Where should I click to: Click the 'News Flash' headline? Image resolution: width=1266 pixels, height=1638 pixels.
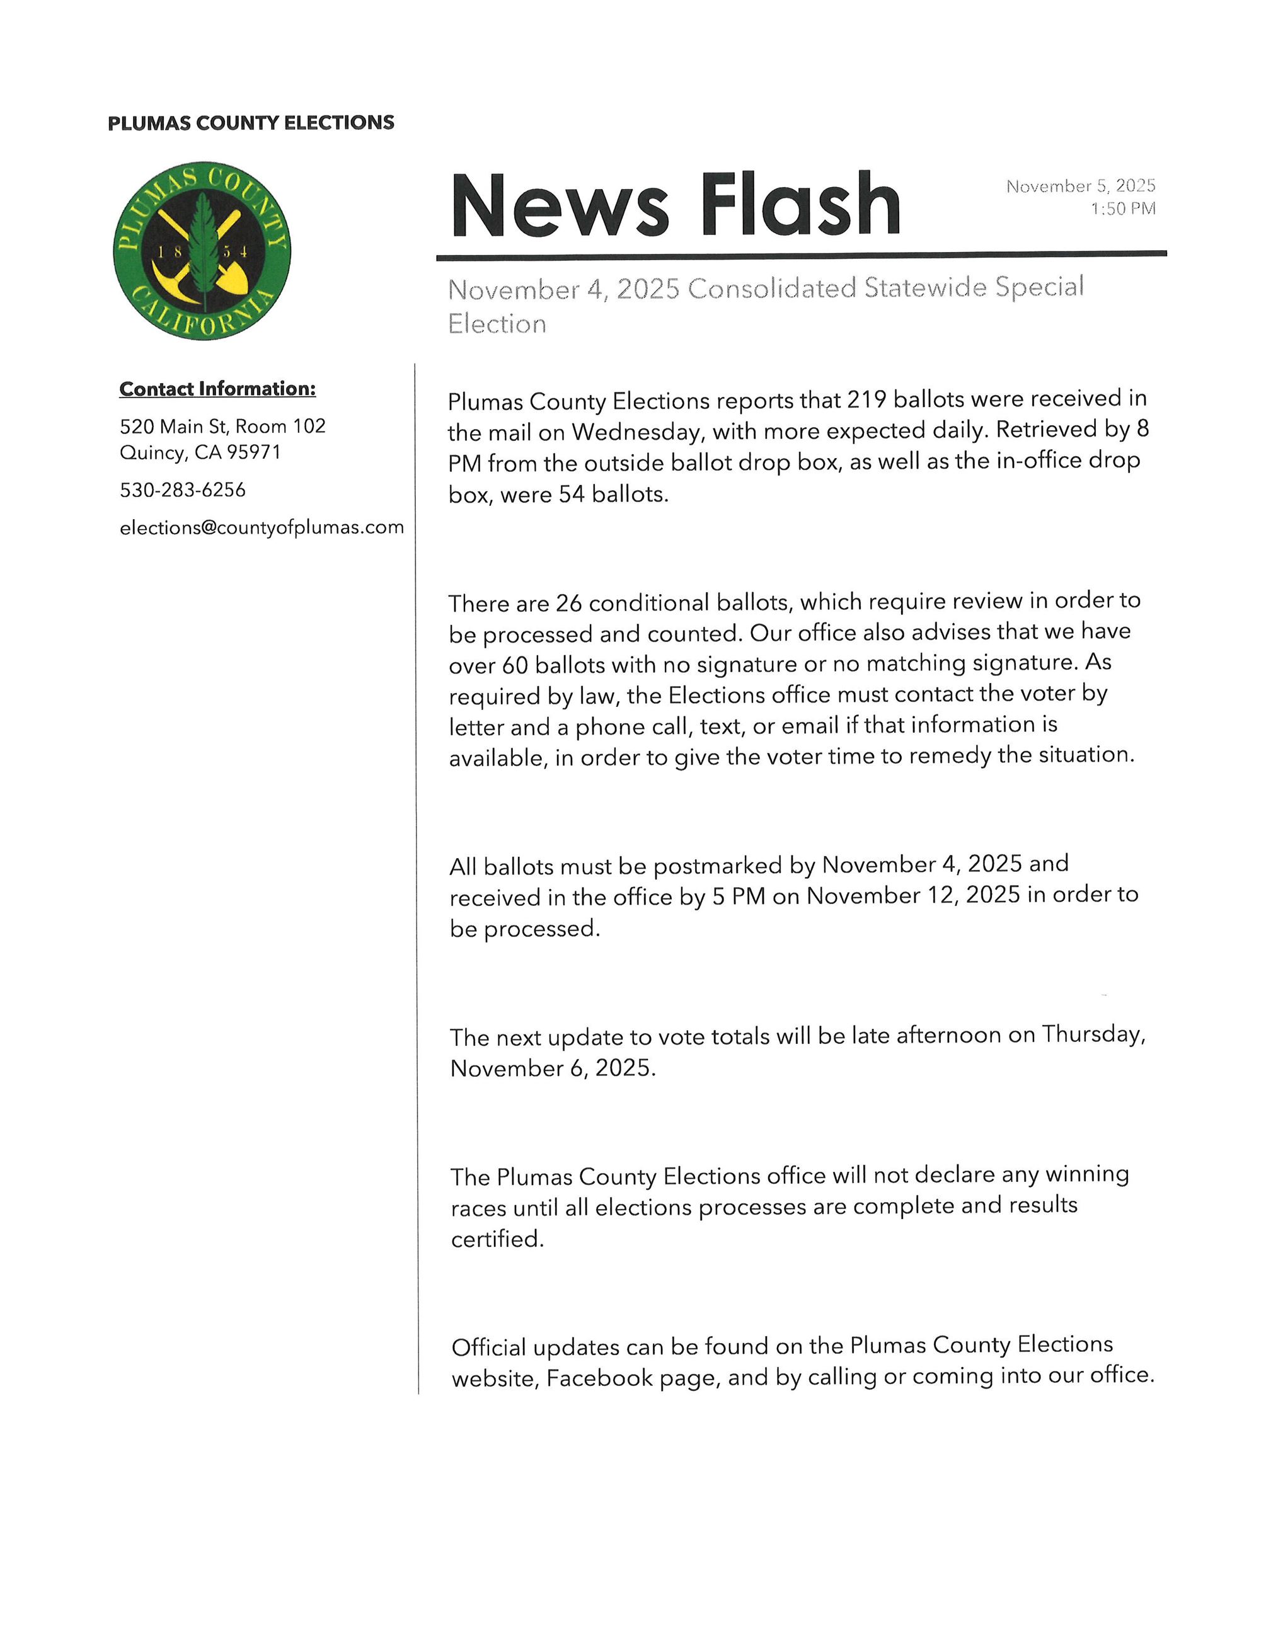point(675,205)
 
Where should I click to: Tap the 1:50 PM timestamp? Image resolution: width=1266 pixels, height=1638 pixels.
point(1123,209)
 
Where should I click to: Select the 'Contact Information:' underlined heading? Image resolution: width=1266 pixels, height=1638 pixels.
point(217,389)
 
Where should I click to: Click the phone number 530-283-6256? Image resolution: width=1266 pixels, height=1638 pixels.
point(183,491)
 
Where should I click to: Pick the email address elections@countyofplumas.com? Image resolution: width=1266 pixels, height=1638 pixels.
point(262,528)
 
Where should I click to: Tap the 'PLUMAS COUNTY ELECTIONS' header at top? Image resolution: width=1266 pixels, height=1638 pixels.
point(251,123)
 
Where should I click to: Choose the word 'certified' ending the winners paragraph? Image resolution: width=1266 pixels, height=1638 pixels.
point(496,1240)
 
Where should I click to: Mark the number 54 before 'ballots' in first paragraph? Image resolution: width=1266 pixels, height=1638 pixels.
point(572,495)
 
